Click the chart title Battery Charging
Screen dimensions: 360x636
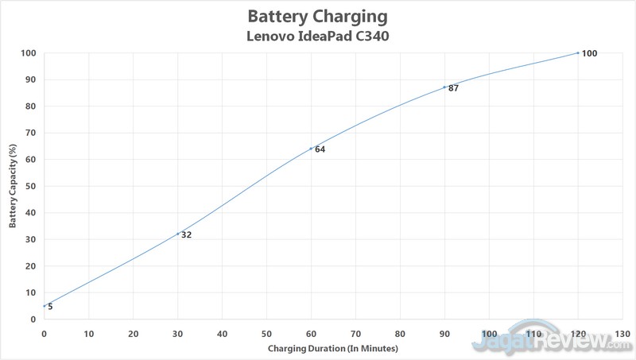tap(319, 16)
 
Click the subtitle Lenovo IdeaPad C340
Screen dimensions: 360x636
tap(319, 36)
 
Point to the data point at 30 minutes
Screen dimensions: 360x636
tap(178, 234)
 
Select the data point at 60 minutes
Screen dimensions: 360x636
tap(311, 149)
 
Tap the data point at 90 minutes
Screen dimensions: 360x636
tap(444, 87)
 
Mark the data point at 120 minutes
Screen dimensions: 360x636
tap(578, 52)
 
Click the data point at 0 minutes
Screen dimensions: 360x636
tap(45, 306)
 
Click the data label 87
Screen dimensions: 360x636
tap(454, 88)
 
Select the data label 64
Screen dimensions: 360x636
tap(320, 149)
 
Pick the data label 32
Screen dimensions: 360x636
tap(187, 234)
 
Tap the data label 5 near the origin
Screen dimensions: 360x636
tap(50, 307)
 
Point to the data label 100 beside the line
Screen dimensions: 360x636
tap(589, 53)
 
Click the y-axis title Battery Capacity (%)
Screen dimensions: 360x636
tap(13, 186)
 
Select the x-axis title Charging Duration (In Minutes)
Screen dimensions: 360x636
tap(332, 348)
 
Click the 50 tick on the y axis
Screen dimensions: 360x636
tap(31, 186)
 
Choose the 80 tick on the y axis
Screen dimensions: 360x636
tap(31, 106)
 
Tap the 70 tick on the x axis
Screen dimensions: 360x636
tap(355, 333)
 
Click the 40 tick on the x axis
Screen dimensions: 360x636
tap(222, 333)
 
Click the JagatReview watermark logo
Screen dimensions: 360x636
tap(549, 340)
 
